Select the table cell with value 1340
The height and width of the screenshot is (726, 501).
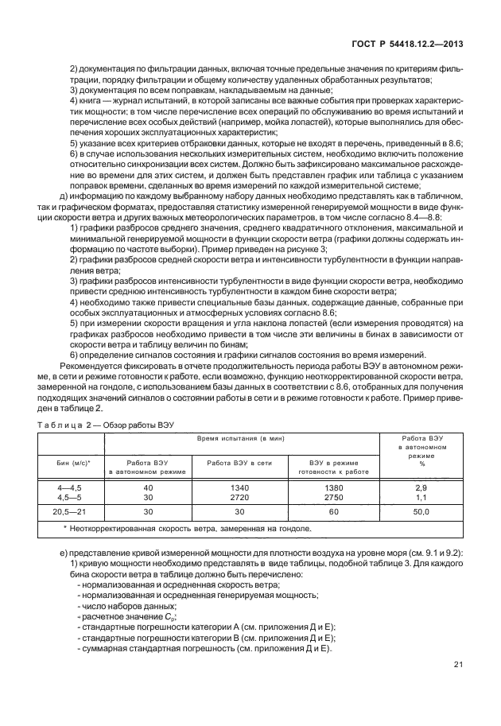(x=239, y=486)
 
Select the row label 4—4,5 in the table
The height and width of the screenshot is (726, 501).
(x=70, y=486)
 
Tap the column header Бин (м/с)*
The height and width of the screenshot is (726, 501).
(x=71, y=462)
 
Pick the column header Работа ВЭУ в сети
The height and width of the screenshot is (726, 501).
(x=239, y=462)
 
